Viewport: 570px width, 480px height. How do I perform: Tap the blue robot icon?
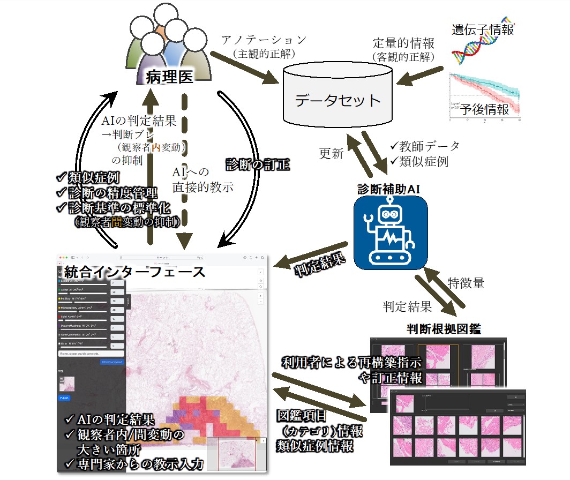390,234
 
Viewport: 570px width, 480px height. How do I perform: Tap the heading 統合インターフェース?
134,271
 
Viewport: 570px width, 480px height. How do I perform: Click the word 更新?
331,153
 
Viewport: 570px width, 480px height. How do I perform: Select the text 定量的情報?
403,43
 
